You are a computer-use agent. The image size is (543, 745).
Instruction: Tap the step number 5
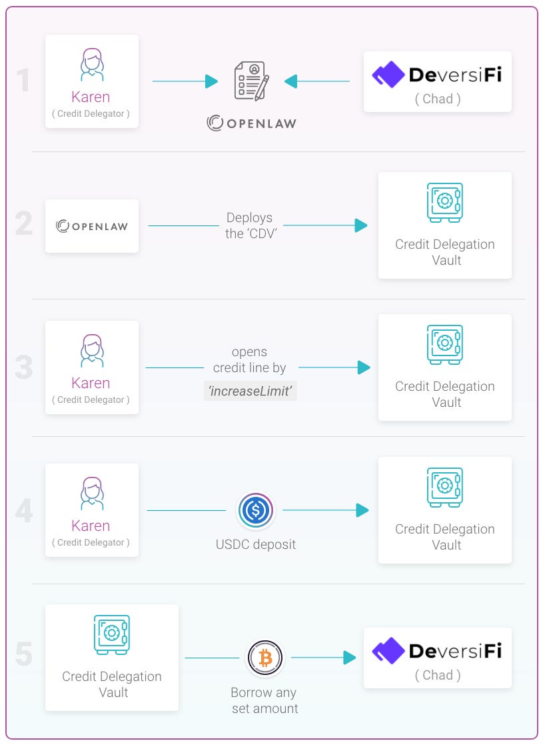pyautogui.click(x=24, y=654)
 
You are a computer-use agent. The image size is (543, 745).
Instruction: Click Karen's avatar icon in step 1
pyautogui.click(x=91, y=64)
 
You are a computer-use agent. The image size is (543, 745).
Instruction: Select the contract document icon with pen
pyautogui.click(x=251, y=81)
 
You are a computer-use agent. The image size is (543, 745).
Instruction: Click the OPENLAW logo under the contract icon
pyautogui.click(x=251, y=123)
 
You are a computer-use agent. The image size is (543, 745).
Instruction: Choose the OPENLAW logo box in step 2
pyautogui.click(x=92, y=226)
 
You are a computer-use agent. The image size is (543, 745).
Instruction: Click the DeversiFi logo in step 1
pyautogui.click(x=437, y=74)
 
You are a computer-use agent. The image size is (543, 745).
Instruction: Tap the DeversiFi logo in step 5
pyautogui.click(x=437, y=650)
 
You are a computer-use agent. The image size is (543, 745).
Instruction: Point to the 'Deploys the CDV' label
pyautogui.click(x=249, y=225)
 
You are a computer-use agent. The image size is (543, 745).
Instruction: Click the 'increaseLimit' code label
pyautogui.click(x=250, y=392)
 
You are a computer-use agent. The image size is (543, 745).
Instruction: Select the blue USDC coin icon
pyautogui.click(x=255, y=511)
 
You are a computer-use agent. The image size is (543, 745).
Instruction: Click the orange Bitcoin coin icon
pyautogui.click(x=265, y=658)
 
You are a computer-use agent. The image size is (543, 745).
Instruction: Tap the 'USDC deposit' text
pyautogui.click(x=256, y=544)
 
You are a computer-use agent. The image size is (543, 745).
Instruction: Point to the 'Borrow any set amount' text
pyautogui.click(x=265, y=700)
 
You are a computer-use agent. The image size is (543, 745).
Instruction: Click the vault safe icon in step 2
pyautogui.click(x=444, y=203)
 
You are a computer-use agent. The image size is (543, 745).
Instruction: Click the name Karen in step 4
pyautogui.click(x=91, y=526)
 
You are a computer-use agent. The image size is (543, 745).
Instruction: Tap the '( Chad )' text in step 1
pyautogui.click(x=438, y=99)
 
